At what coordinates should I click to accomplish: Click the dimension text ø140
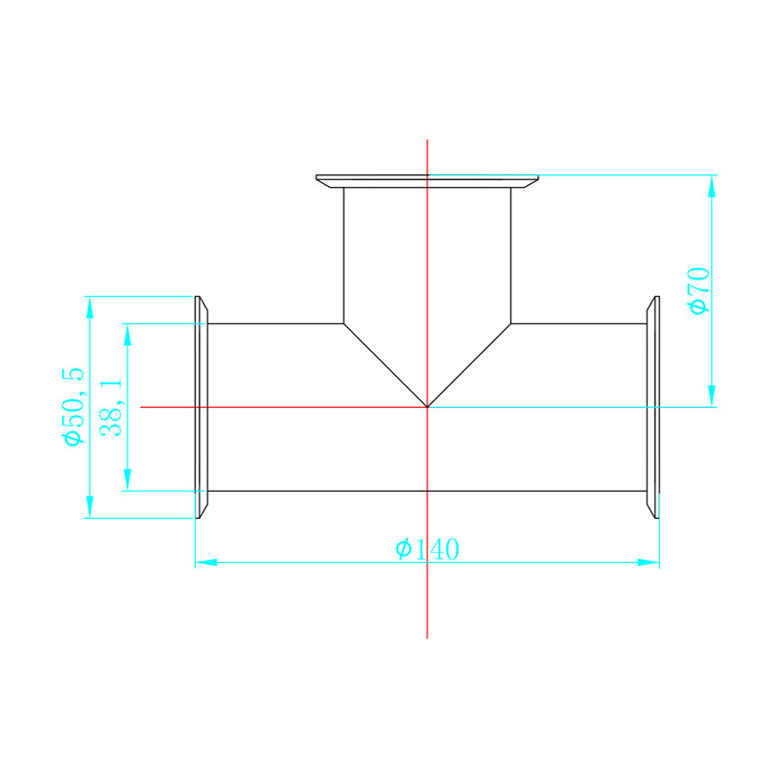(427, 549)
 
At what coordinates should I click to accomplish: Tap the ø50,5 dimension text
(73, 407)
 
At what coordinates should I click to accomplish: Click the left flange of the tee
(202, 407)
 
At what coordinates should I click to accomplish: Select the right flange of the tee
(653, 407)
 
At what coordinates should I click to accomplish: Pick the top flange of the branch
(427, 181)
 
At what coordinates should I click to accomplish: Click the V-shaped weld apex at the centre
(427, 406)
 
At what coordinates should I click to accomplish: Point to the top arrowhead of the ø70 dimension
(712, 186)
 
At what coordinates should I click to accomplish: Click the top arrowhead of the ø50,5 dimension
(89, 307)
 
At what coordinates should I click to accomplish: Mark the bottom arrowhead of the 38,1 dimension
(127, 480)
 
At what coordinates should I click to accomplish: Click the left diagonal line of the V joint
(386, 365)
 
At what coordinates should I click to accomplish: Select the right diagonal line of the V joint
(469, 365)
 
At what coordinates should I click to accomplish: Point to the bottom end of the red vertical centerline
(427, 637)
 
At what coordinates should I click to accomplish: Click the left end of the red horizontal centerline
(142, 406)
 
